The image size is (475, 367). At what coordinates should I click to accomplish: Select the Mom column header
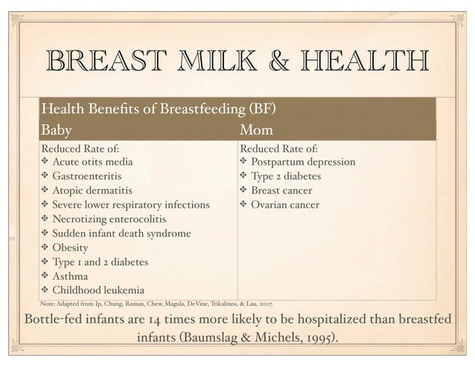257,131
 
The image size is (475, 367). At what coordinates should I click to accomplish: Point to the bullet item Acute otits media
93,162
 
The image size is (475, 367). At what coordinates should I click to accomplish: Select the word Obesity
71,248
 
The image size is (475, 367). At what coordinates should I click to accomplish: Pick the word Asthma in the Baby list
70,276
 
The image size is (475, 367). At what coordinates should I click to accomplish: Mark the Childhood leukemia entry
98,290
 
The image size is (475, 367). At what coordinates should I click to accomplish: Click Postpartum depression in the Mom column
303,162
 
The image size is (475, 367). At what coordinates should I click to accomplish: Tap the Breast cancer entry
282,191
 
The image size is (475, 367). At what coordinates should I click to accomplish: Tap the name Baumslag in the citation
196,339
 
